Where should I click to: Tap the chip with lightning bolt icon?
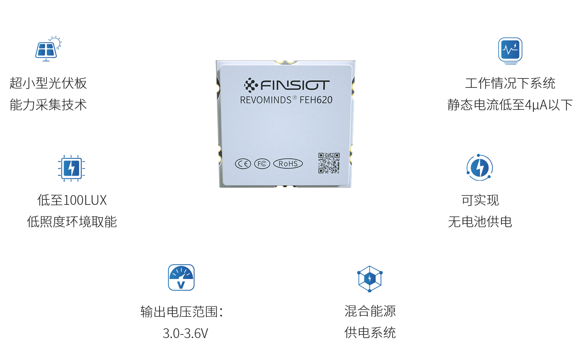(x=71, y=168)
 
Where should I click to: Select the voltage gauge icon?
(x=181, y=278)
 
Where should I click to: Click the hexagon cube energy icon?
(x=370, y=279)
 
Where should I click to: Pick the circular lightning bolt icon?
(x=480, y=167)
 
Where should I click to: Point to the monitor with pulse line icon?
(x=510, y=50)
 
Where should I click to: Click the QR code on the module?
(x=329, y=163)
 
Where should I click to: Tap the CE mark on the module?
(x=243, y=164)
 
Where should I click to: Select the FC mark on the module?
(x=262, y=164)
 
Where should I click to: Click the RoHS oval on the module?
(x=288, y=164)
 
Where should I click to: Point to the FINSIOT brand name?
(x=295, y=85)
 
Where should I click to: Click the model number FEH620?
(x=316, y=100)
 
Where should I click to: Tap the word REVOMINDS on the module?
(x=266, y=100)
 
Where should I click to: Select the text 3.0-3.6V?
(x=185, y=333)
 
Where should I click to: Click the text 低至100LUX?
(x=72, y=200)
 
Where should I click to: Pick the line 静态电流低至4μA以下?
(x=510, y=105)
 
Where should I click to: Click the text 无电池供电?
(x=480, y=222)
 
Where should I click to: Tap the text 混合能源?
(x=370, y=311)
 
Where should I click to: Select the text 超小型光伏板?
(x=48, y=83)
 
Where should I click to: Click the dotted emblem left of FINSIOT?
(x=251, y=85)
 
